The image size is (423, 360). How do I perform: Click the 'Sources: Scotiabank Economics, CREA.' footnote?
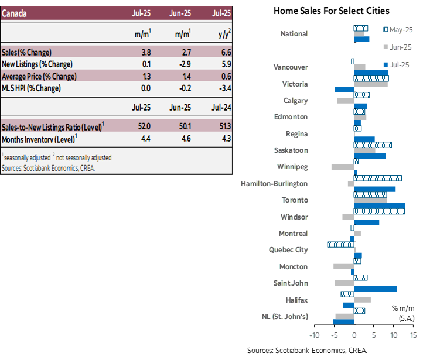48,168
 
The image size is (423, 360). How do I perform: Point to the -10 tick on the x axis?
314,335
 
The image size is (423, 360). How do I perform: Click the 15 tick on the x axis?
413,335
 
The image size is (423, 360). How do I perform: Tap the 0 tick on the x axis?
354,335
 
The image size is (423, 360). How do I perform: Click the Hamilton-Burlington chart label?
274,184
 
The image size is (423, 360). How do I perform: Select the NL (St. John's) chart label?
285,317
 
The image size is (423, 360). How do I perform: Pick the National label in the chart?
294,34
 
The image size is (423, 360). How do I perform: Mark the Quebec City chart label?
288,250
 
